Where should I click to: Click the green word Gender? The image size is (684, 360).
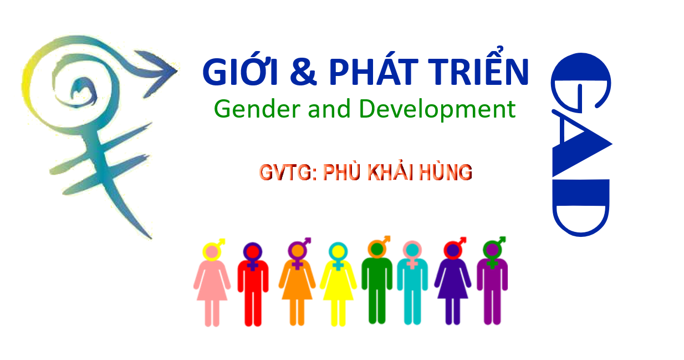point(257,109)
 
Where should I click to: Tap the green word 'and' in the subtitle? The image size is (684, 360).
point(329,109)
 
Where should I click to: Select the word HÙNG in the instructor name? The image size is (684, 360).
point(446,172)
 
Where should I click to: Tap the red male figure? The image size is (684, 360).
point(253,284)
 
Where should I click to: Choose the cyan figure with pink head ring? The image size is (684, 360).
point(412,283)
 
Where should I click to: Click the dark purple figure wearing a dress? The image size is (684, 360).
point(452,281)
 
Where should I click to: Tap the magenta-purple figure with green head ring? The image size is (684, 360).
point(492,281)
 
